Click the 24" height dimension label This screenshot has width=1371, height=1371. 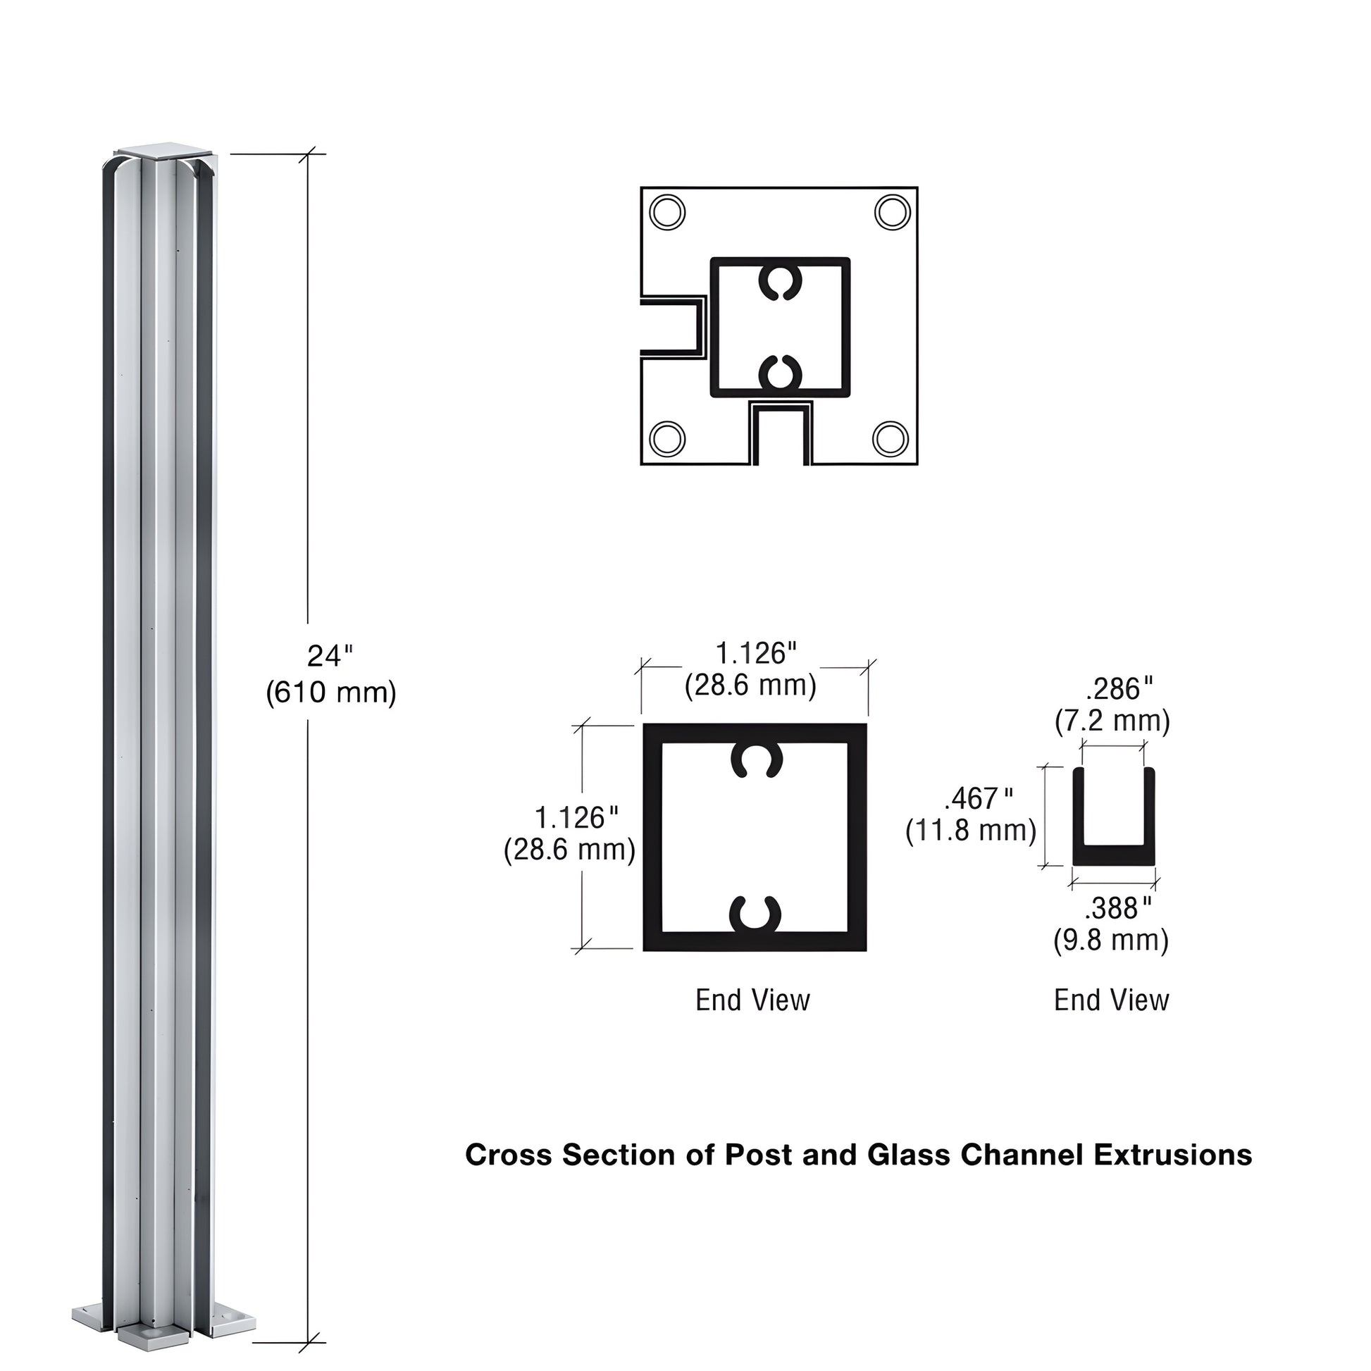tap(329, 656)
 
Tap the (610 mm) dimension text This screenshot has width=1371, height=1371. tap(330, 692)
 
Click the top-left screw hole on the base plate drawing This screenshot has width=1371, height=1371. tap(667, 212)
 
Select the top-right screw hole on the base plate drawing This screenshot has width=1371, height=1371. tap(892, 211)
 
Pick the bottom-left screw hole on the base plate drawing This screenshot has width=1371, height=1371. tap(667, 438)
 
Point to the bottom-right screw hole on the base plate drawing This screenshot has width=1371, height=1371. tap(891, 438)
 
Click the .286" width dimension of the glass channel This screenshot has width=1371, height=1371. tap(1119, 688)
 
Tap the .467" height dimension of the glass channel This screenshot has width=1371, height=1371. tap(979, 799)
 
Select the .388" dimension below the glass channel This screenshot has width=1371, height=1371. tap(1117, 907)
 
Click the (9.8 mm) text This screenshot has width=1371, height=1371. tap(1110, 941)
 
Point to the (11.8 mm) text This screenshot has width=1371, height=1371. tap(971, 830)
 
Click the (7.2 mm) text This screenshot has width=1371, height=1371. tap(1112, 721)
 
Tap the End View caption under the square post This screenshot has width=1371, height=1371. tap(752, 1000)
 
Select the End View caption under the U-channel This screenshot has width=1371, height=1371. tap(1111, 1000)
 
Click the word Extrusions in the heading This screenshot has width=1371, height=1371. tap(1172, 1155)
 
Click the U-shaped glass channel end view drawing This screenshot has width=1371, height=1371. tap(1112, 817)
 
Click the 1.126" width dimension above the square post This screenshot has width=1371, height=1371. tap(756, 654)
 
